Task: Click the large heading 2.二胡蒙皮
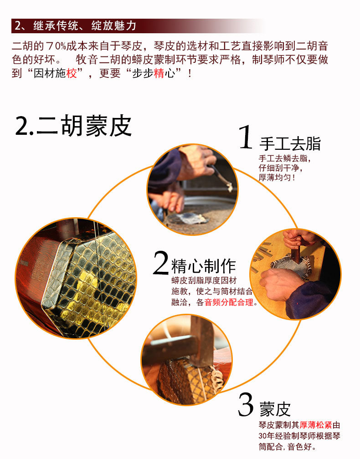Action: [73, 126]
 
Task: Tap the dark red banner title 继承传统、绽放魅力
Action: [85, 26]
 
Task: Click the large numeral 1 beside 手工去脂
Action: [246, 137]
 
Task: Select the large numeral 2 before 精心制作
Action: [161, 263]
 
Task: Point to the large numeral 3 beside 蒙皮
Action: [246, 404]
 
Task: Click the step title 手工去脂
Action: [290, 143]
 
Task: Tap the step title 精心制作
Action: [203, 266]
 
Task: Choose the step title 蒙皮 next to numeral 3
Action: [275, 409]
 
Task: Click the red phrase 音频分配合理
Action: [229, 302]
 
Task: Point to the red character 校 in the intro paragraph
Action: [72, 73]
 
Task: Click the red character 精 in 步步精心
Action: [159, 73]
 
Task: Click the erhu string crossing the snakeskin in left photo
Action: [98, 278]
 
